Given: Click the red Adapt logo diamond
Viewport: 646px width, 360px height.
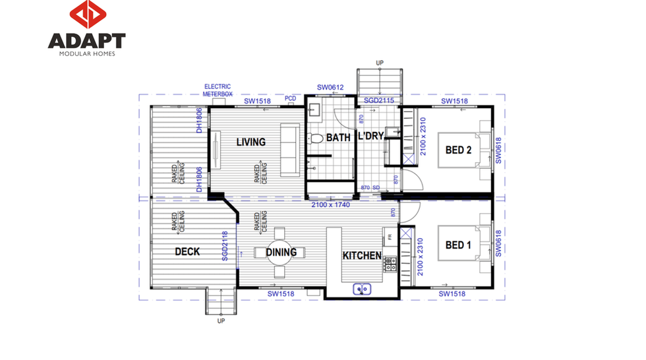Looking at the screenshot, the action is pos(88,15).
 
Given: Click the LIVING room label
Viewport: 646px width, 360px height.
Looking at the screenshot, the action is pos(251,142).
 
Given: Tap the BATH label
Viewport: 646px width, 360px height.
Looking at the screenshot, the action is pos(338,138).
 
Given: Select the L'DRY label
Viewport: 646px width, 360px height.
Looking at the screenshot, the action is pos(370,136).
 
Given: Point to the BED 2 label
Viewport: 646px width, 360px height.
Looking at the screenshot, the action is pos(458,150).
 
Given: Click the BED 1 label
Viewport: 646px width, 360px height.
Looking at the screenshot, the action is pos(458,245).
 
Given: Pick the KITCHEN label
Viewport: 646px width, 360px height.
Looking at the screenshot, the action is pos(362,256).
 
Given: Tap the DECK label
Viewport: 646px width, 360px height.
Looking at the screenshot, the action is pos(187,252).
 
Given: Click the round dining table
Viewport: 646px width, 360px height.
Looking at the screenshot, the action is pos(280,252).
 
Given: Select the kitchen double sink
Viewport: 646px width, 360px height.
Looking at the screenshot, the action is pos(362,289).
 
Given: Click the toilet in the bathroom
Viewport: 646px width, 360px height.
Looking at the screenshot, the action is pos(315,138).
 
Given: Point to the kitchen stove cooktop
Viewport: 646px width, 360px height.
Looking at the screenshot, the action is pos(390,264).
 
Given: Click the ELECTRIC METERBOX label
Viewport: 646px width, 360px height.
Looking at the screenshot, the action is pos(218,90).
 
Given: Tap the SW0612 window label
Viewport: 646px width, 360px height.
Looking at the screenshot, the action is pos(330,87).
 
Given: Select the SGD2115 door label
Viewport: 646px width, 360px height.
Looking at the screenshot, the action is pos(378,100).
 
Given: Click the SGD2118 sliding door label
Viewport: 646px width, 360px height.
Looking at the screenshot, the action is pos(225,246).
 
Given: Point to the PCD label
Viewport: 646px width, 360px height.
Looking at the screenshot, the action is pos(291,98).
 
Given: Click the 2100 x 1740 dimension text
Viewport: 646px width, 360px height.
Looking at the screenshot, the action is pos(330,204).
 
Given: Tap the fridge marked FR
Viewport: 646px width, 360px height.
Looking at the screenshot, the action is pos(390,237).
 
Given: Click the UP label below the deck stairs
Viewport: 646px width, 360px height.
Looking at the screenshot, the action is pos(221,321).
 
